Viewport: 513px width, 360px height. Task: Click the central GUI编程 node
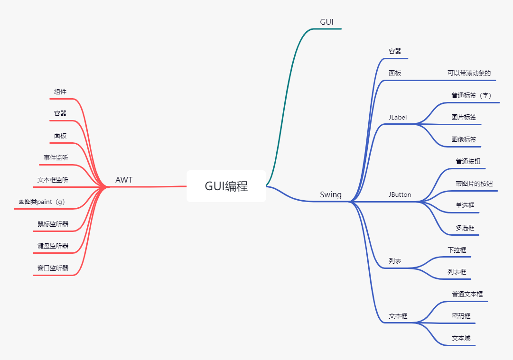tap(226, 186)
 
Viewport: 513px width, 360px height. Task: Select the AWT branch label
tap(124, 180)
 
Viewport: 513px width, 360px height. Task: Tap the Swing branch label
tap(331, 194)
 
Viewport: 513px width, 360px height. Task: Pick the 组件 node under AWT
tap(60, 92)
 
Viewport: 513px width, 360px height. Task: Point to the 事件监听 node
tap(56, 157)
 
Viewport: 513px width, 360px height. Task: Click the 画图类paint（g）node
tap(42, 202)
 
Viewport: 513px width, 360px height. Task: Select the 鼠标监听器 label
tap(53, 224)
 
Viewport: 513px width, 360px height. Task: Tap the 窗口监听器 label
tap(53, 268)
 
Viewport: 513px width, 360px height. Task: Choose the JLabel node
tap(398, 117)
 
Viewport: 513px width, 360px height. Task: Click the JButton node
tap(400, 194)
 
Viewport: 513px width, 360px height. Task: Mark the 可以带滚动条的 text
tap(469, 74)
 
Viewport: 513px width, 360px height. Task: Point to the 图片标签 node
tap(464, 117)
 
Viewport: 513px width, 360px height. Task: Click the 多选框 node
tap(465, 228)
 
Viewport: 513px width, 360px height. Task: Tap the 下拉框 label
tap(457, 249)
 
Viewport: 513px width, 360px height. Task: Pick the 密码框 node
tap(461, 316)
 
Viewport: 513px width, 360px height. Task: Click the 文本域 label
tap(461, 338)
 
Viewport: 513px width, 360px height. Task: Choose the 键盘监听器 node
tap(53, 246)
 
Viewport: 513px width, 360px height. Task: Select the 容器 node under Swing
tap(395, 51)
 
